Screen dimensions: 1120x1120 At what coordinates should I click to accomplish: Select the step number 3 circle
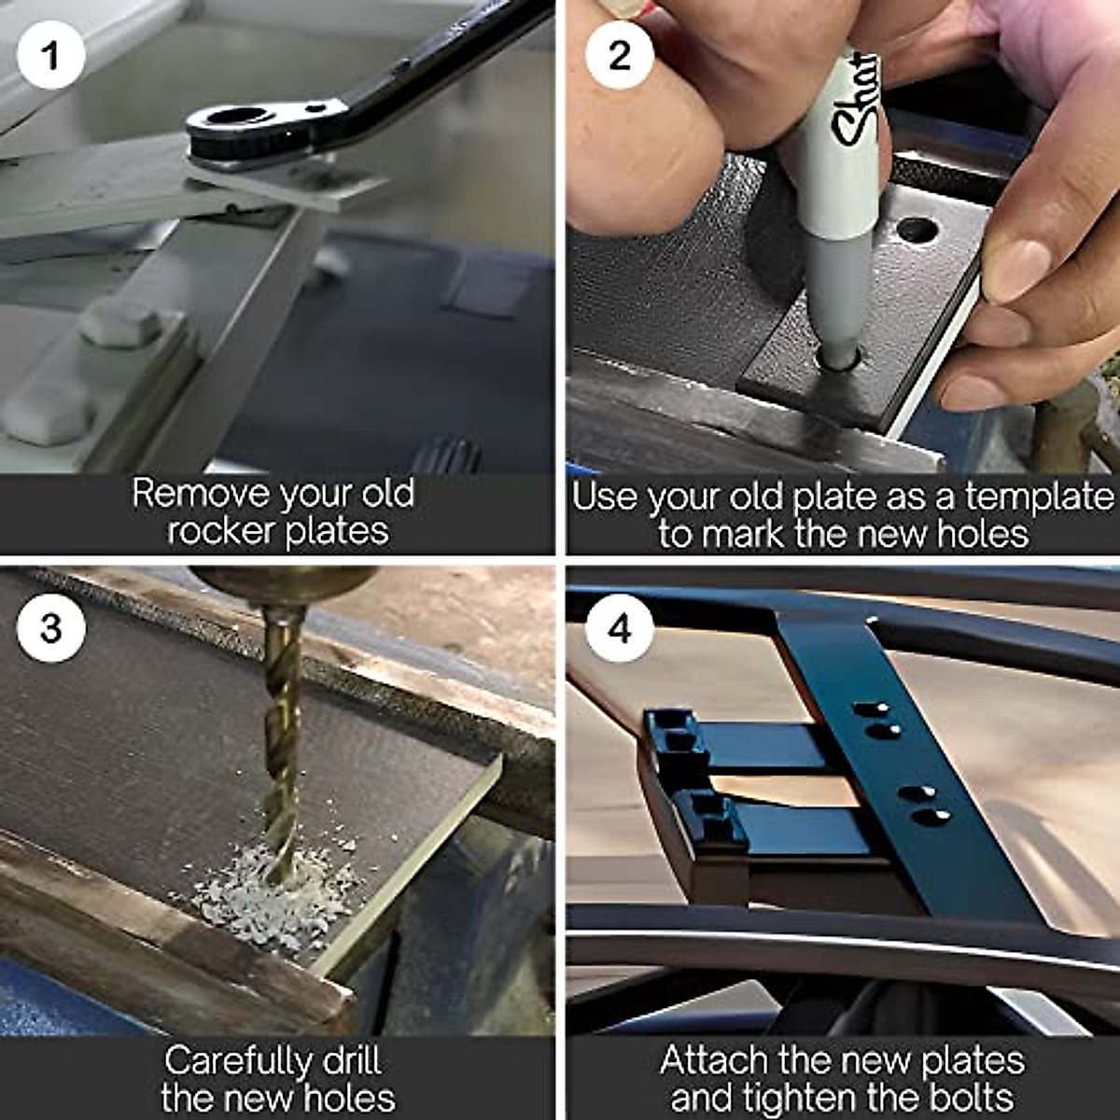pos(51,628)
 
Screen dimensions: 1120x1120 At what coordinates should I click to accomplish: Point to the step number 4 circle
pos(620,628)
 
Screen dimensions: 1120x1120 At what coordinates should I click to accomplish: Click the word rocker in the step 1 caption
pos(220,531)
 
